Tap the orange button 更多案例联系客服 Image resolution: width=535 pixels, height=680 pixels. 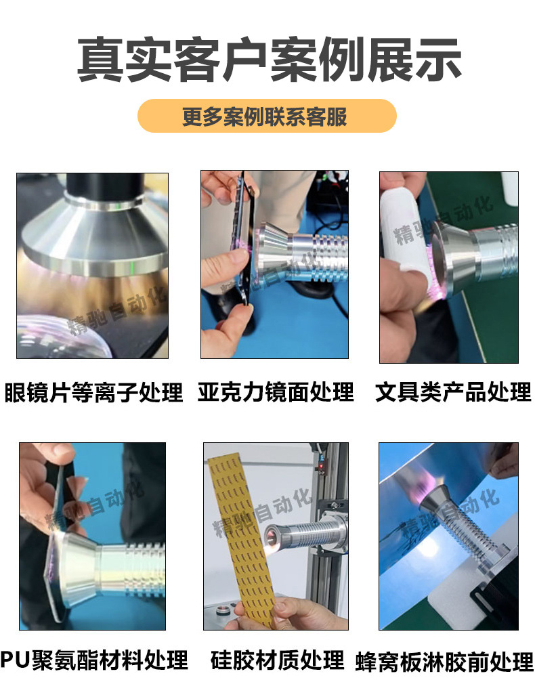click(x=266, y=116)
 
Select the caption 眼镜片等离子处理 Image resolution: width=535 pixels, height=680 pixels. click(x=93, y=392)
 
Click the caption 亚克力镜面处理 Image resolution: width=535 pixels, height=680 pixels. click(x=276, y=391)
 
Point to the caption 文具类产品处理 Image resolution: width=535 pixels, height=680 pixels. click(x=453, y=391)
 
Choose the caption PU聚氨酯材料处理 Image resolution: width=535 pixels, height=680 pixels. click(x=93, y=659)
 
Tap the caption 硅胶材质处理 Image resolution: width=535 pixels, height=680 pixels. click(x=277, y=659)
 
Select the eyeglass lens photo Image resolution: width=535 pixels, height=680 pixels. click(x=92, y=265)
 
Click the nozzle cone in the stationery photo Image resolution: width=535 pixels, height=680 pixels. click(x=450, y=257)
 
